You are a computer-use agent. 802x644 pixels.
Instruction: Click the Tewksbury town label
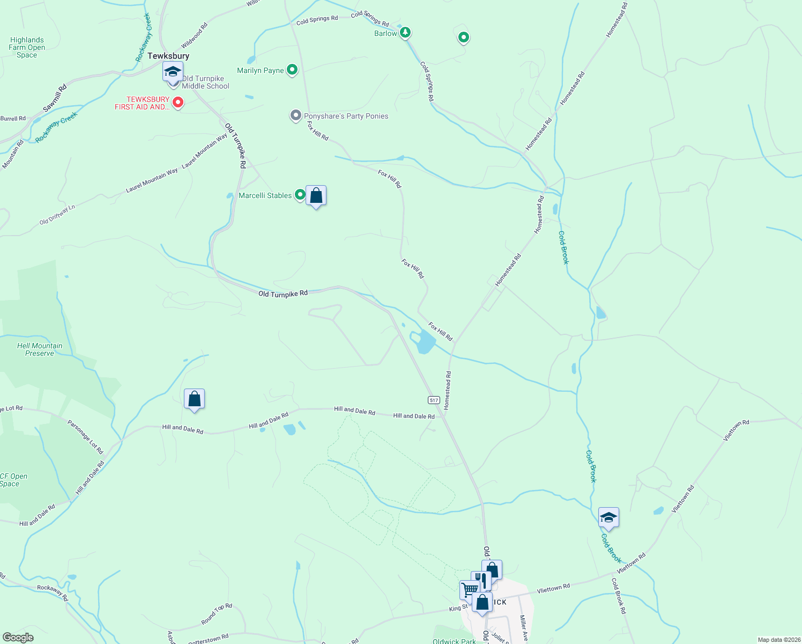coord(168,56)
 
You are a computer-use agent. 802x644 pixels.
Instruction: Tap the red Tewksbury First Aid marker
coord(178,102)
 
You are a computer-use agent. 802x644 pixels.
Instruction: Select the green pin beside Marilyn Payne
coord(292,70)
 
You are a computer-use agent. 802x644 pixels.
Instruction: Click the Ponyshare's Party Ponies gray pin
coord(295,115)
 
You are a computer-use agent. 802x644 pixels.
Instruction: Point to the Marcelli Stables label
coord(265,195)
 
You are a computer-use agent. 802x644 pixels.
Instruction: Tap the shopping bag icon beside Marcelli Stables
coord(316,196)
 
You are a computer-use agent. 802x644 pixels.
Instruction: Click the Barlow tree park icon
coord(406,33)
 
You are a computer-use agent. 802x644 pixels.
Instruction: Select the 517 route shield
coord(434,400)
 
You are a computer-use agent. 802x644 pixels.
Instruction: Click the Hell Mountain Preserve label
coord(40,349)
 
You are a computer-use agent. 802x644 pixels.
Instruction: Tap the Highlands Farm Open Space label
coord(27,47)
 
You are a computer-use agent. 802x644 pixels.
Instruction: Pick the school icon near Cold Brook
coord(608,518)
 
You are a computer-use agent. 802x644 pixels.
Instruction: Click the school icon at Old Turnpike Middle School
coord(173,72)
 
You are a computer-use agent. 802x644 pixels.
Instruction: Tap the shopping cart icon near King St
coord(469,589)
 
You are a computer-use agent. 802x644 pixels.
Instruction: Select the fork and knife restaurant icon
coord(481,580)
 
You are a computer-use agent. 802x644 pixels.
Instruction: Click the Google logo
coord(18,638)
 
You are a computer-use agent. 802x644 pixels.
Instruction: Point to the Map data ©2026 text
coord(778,640)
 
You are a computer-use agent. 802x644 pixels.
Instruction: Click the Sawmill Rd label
coord(55,98)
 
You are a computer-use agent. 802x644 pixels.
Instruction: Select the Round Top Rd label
coord(217,614)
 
